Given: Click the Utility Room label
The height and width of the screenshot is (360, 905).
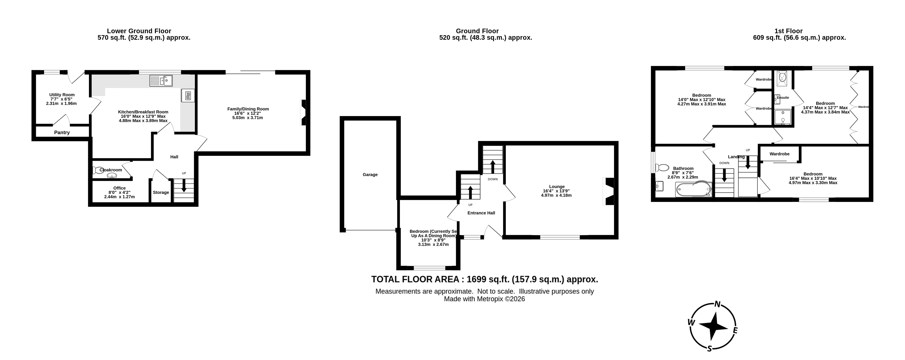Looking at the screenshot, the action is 62,95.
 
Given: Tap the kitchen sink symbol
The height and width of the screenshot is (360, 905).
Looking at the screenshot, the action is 161,81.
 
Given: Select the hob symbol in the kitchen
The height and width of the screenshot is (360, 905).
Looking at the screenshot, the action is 188,95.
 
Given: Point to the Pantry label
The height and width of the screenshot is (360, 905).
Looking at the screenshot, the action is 62,133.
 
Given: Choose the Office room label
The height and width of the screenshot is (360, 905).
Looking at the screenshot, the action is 120,188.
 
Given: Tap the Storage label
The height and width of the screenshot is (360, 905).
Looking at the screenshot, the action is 161,193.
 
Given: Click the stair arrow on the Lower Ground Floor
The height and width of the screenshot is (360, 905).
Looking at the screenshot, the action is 184,187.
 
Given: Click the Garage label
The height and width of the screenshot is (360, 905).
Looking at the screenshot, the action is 370,174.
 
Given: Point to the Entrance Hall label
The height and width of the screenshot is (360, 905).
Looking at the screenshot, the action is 481,213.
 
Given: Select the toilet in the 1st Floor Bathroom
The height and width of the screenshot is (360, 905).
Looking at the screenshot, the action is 662,167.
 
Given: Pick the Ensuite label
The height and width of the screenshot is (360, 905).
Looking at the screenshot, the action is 783,98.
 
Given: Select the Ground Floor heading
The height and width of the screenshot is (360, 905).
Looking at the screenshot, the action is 477,31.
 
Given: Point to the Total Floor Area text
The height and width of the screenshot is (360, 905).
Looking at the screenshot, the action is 485,279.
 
